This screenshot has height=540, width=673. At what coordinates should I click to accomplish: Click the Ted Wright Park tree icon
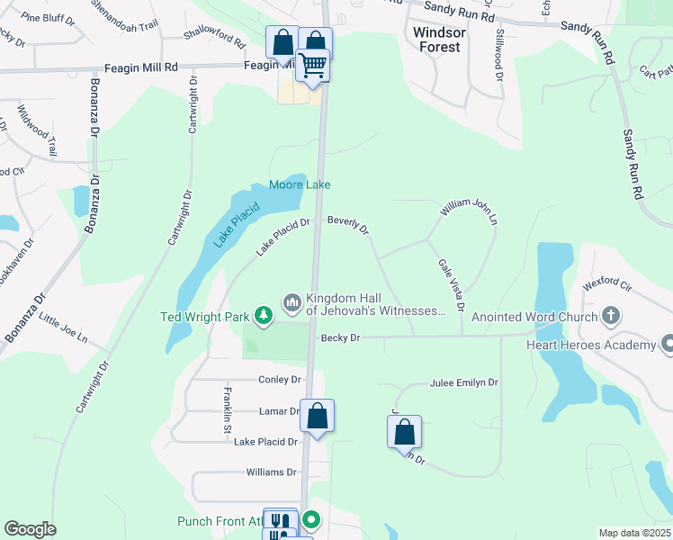pyautogui.click(x=264, y=315)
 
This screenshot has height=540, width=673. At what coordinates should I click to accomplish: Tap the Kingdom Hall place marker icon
pyautogui.click(x=292, y=302)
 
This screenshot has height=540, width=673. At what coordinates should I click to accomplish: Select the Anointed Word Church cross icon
pyautogui.click(x=611, y=316)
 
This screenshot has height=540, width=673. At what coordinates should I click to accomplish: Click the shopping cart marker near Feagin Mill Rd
pyautogui.click(x=313, y=65)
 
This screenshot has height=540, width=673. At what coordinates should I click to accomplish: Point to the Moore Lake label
pyautogui.click(x=300, y=184)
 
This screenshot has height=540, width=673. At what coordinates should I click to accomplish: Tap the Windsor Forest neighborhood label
pyautogui.click(x=440, y=39)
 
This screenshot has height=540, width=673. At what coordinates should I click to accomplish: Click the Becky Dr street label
pyautogui.click(x=340, y=337)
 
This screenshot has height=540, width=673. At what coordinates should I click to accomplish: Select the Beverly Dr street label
pyautogui.click(x=348, y=224)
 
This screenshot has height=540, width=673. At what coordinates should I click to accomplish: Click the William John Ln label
pyautogui.click(x=468, y=211)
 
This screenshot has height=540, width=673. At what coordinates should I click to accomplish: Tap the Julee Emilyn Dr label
pyautogui.click(x=463, y=382)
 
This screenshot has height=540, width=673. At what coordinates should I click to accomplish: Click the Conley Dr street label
pyautogui.click(x=279, y=380)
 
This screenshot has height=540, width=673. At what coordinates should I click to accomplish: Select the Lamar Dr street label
pyautogui.click(x=280, y=411)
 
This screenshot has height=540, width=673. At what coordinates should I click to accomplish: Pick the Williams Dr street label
pyautogui.click(x=271, y=472)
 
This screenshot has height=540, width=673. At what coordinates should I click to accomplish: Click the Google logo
pyautogui.click(x=30, y=529)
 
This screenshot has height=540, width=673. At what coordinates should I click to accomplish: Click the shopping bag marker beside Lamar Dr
pyautogui.click(x=317, y=416)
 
